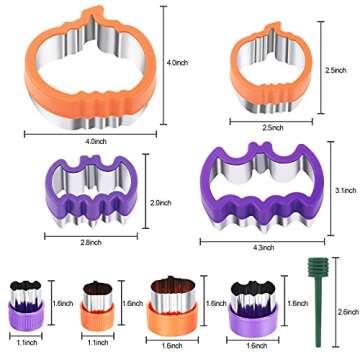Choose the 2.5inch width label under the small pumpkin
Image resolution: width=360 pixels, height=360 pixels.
[272, 128]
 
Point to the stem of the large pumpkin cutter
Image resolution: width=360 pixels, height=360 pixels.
[91, 16]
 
